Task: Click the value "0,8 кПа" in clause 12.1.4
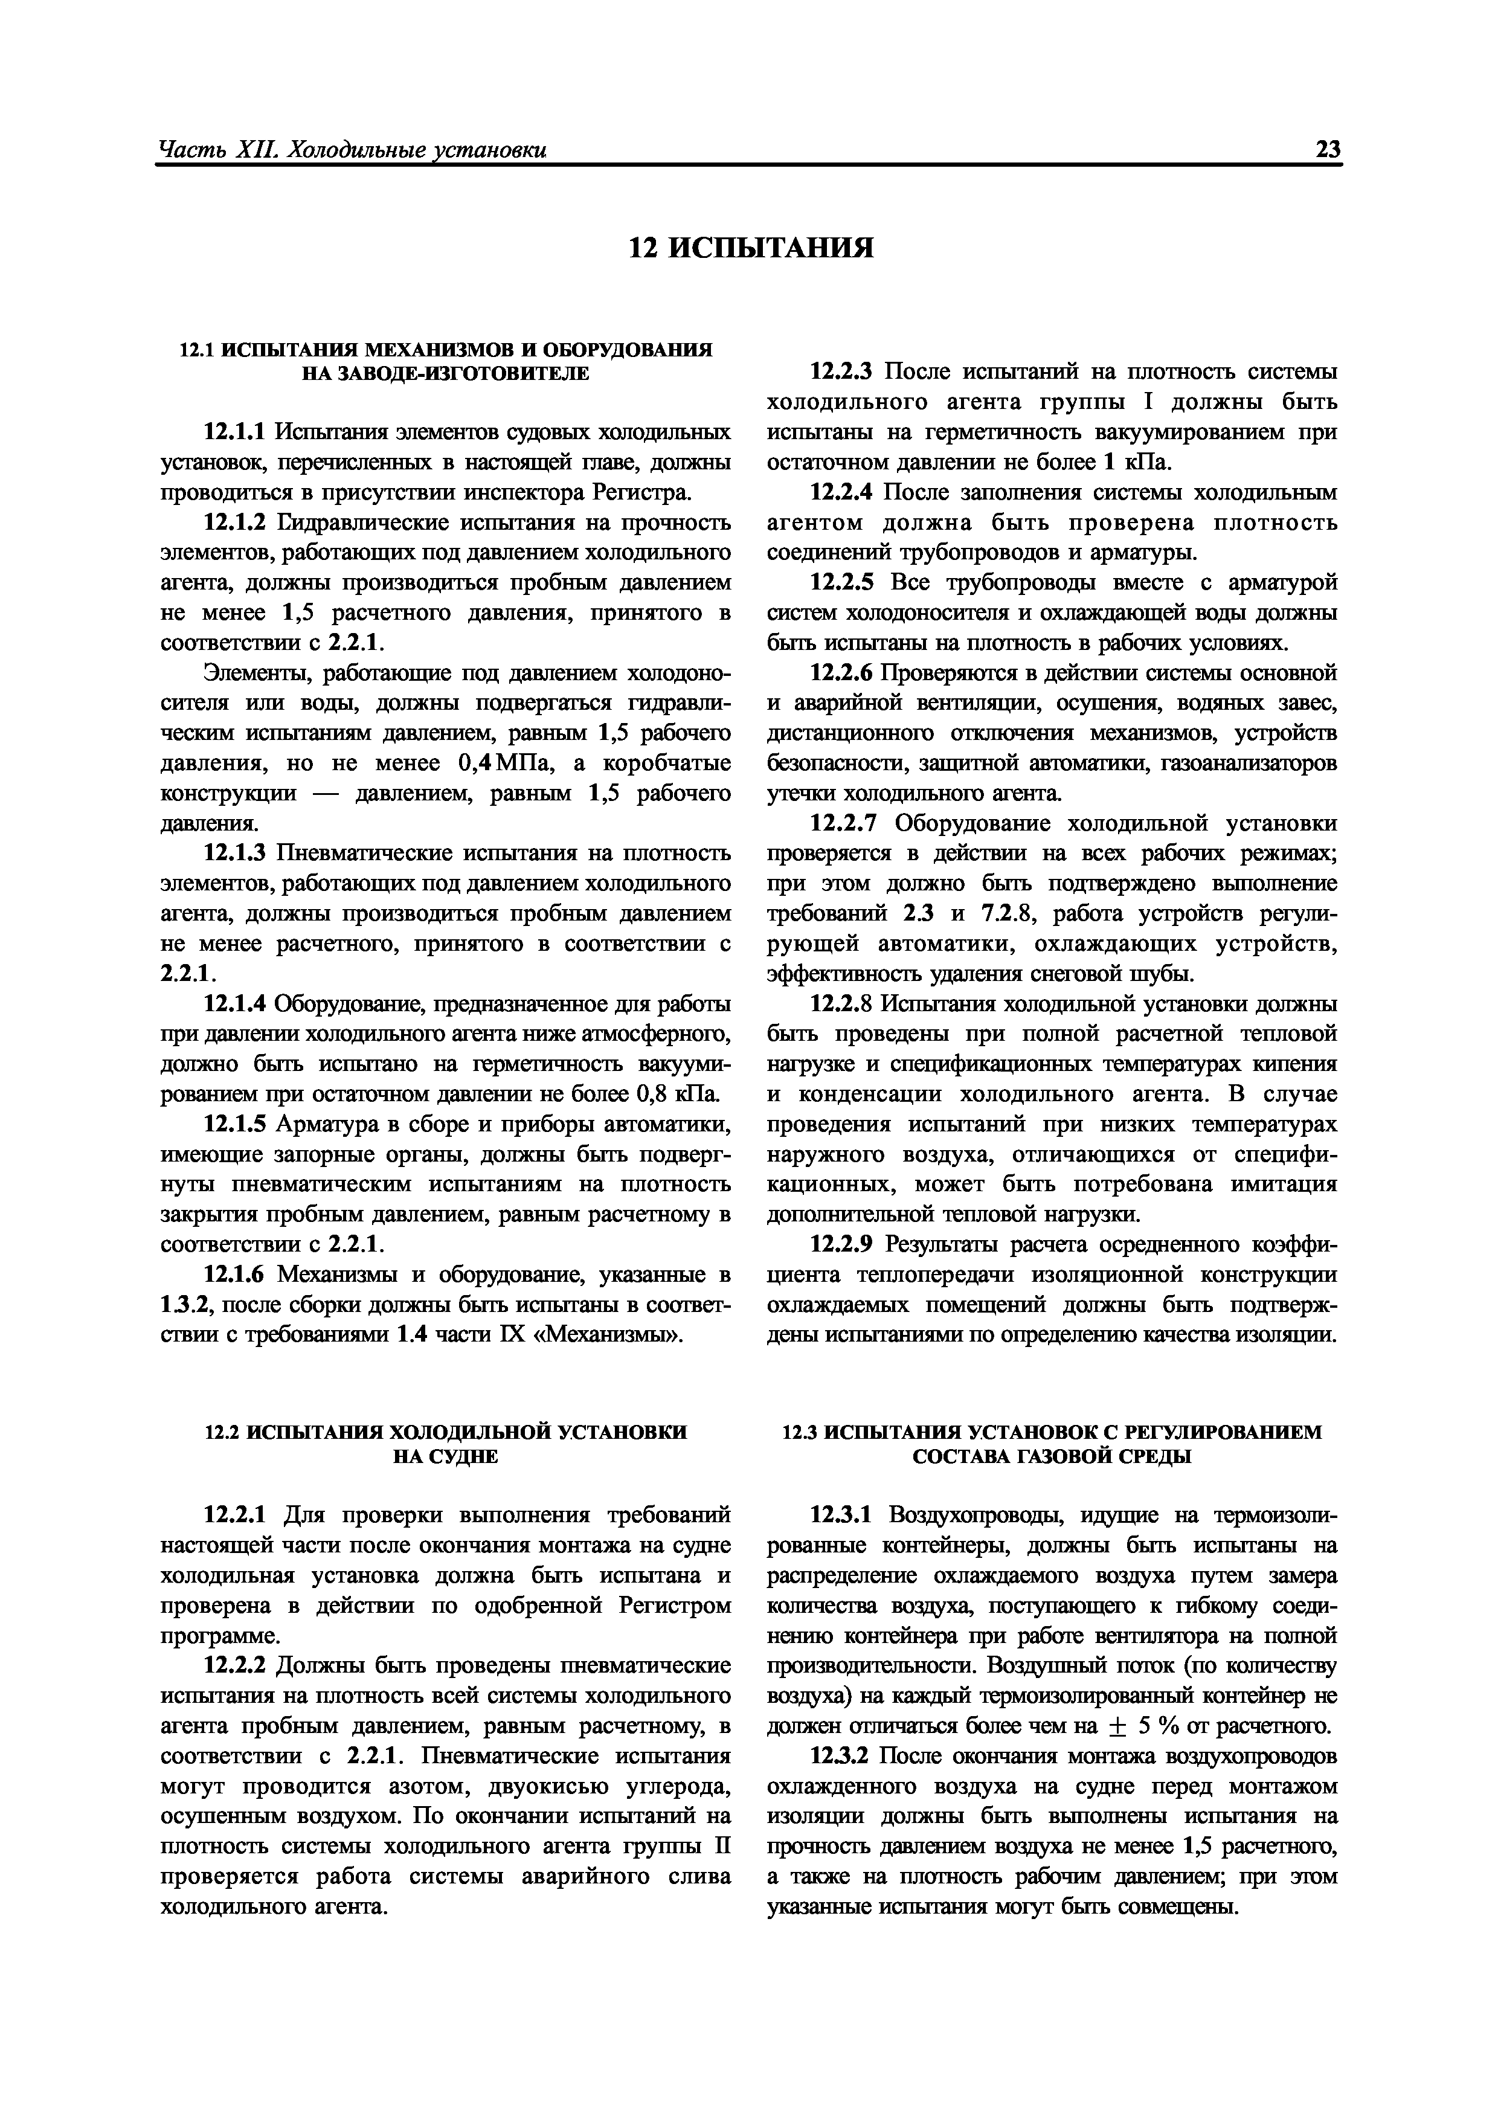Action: (x=680, y=1094)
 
